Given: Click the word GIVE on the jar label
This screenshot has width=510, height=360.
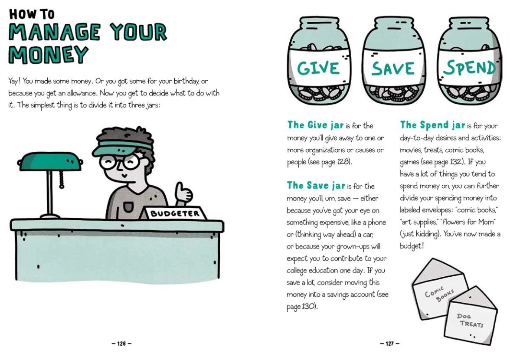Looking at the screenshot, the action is click(x=318, y=68).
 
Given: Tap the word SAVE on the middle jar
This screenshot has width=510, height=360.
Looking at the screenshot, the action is click(x=393, y=68).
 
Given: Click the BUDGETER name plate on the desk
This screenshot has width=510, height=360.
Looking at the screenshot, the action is click(x=174, y=213).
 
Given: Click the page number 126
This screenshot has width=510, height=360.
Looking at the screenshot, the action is click(x=121, y=344).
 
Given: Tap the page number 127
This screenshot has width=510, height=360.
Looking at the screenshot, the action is click(x=389, y=344).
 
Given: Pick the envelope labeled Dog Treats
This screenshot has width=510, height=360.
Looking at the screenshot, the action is click(x=471, y=317).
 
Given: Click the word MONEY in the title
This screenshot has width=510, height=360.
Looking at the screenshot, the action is click(x=49, y=54).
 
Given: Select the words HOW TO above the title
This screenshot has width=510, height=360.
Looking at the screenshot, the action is click(x=32, y=14).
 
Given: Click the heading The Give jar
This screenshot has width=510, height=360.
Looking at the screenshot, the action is click(x=315, y=125).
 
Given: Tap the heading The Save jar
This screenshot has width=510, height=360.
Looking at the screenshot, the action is click(x=316, y=185).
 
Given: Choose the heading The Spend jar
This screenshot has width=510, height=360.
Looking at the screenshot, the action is click(x=432, y=125).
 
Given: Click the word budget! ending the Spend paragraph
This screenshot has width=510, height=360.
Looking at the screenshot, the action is click(x=412, y=246).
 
